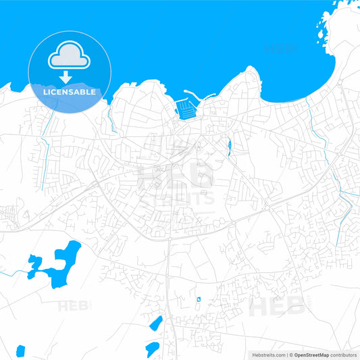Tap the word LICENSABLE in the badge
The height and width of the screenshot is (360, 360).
(70, 92)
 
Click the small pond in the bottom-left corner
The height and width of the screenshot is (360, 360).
(20, 351)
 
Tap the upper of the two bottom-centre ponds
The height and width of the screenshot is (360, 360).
(156, 324)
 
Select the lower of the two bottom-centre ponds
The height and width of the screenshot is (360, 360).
(152, 349)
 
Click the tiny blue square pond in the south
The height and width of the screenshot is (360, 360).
(198, 299)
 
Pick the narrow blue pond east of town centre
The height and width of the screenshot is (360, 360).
(230, 145)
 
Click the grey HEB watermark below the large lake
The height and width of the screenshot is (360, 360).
(74, 305)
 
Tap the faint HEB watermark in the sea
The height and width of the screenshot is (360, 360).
(280, 49)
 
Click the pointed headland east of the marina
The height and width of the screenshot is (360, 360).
(251, 69)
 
